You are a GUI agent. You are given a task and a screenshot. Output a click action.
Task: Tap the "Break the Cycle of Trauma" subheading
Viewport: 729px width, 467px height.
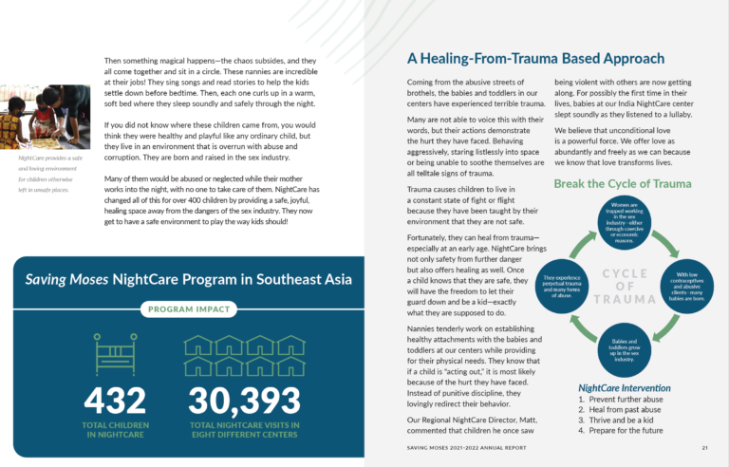pos(623,183)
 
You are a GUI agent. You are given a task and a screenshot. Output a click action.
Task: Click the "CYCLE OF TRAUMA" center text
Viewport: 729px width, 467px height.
pos(623,286)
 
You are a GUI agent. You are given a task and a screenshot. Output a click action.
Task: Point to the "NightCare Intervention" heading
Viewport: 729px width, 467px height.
pos(625,388)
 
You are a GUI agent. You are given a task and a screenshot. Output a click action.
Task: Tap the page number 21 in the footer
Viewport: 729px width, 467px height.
pos(705,447)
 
